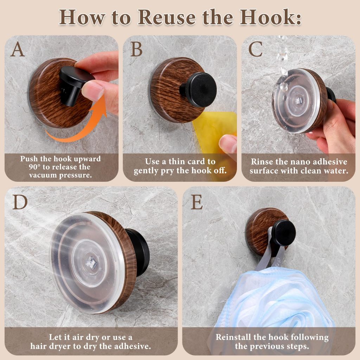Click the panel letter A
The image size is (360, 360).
point(18,49)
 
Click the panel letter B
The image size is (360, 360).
point(136,49)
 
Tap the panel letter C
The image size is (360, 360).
point(256,49)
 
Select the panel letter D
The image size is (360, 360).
point(20,202)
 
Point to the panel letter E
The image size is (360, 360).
point(197,202)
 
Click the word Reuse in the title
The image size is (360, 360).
point(167,17)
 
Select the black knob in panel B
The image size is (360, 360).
point(199,90)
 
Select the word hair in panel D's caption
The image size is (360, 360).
point(38,346)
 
